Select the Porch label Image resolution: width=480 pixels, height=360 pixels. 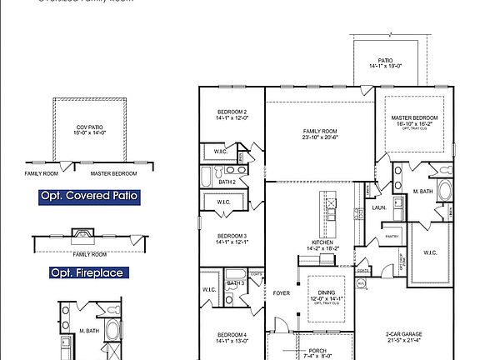(x=318, y=351)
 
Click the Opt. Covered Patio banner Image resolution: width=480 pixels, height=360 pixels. (x=89, y=197)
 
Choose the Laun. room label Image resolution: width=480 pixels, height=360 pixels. (x=379, y=207)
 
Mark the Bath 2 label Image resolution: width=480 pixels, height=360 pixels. (x=227, y=181)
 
